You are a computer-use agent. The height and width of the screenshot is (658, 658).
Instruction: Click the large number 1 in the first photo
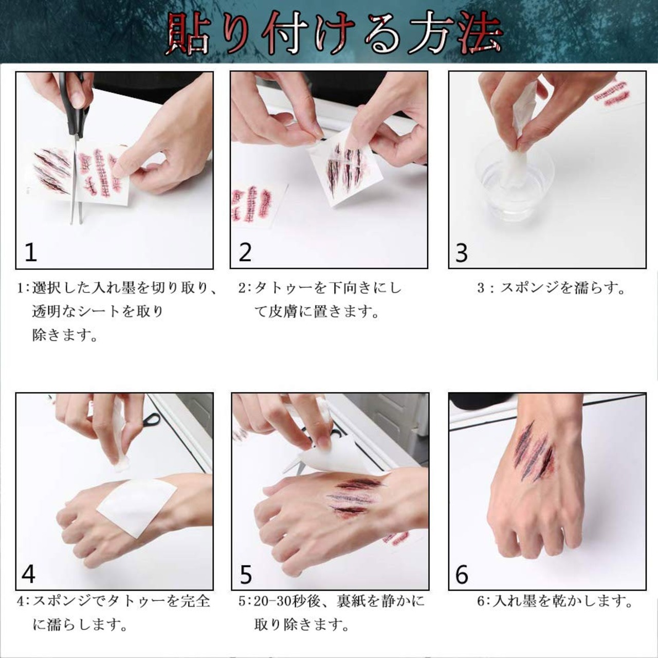pyautogui.click(x=31, y=253)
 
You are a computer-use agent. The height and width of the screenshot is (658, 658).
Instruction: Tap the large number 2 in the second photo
pyautogui.click(x=245, y=252)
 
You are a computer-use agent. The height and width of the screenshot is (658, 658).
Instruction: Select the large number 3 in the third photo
pyautogui.click(x=461, y=253)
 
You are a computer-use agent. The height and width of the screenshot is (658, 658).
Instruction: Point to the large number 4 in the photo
pyautogui.click(x=28, y=575)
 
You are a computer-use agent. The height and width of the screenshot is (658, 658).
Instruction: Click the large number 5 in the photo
pyautogui.click(x=246, y=575)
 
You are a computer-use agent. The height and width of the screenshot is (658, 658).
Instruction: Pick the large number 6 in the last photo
pyautogui.click(x=462, y=575)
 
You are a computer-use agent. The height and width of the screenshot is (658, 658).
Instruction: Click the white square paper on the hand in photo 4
pyautogui.click(x=137, y=506)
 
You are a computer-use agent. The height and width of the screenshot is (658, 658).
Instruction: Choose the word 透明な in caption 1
pyautogui.click(x=54, y=312)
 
